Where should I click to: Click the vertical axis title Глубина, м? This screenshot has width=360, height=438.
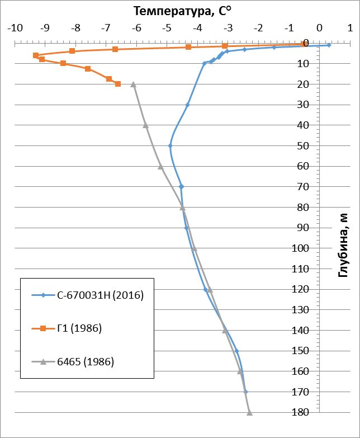click(345, 244)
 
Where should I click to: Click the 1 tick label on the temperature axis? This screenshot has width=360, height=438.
click(349, 27)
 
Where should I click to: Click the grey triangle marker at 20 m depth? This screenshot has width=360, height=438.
click(133, 84)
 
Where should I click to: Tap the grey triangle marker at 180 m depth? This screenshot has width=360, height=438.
click(249, 413)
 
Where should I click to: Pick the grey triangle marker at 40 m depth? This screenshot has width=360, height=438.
click(145, 125)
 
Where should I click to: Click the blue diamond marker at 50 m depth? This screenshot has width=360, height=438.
click(170, 145)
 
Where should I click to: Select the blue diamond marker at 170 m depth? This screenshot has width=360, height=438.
click(245, 392)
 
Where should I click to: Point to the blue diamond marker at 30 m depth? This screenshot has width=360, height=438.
click(188, 105)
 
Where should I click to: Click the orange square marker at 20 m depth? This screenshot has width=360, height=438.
click(118, 84)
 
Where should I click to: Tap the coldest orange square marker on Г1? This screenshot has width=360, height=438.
click(36, 55)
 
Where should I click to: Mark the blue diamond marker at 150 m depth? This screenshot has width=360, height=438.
click(236, 351)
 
